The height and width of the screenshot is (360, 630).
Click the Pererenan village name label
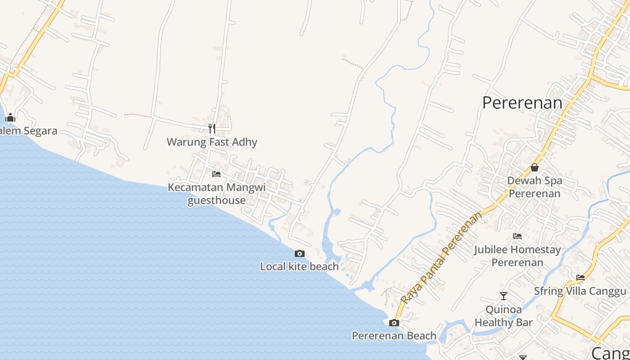click(522, 103)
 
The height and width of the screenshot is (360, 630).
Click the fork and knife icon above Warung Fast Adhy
click(212, 129)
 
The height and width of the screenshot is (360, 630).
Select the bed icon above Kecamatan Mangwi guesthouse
click(216, 174)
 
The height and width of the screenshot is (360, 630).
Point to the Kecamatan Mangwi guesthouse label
click(217, 193)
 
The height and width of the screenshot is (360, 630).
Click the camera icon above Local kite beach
click(300, 254)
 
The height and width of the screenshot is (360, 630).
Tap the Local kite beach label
click(299, 266)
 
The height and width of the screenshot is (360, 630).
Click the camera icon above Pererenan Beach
click(394, 323)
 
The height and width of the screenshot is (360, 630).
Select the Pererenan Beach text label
click(394, 336)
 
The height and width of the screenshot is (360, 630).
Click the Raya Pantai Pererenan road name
click(441, 258)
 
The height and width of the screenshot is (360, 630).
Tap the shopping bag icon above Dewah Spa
click(535, 167)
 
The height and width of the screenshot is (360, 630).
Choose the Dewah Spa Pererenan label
click(535, 187)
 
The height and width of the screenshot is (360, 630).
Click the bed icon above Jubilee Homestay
click(517, 236)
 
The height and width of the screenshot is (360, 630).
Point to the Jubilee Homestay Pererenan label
click(517, 256)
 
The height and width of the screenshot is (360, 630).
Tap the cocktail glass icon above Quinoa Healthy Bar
click(504, 296)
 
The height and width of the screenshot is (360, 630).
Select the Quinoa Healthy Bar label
click(504, 316)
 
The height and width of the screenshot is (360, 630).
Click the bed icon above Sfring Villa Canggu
click(580, 278)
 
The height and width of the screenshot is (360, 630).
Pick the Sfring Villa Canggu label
click(580, 291)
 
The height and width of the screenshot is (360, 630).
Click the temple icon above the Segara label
click(10, 118)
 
